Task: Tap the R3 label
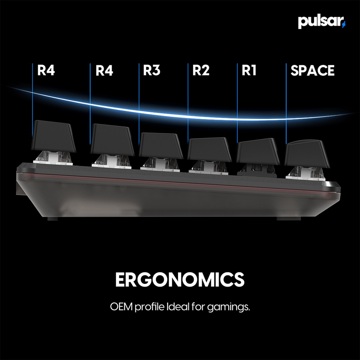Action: point(152,71)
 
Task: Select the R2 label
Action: point(201,71)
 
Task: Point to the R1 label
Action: point(249,71)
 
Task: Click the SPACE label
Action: point(312,71)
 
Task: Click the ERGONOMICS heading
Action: point(180,279)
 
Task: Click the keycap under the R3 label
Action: point(161,146)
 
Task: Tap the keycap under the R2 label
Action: point(209,149)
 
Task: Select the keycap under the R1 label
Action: point(258,152)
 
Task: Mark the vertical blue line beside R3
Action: point(139,102)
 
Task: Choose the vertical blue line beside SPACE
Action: point(286,102)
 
